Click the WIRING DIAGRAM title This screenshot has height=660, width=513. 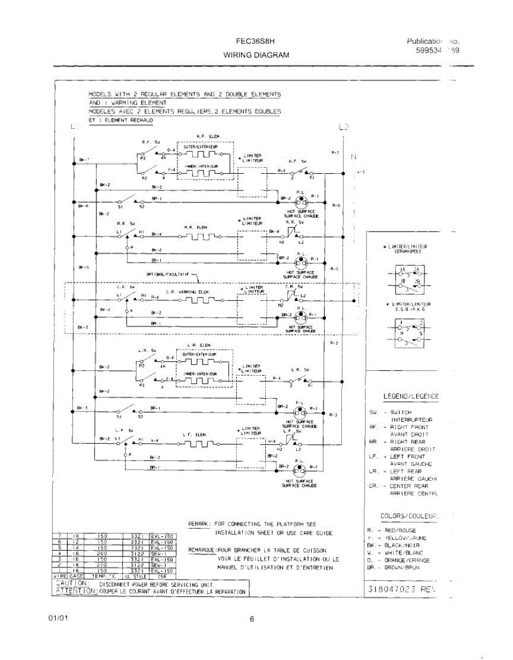point(256,55)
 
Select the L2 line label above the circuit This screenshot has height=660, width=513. point(344,128)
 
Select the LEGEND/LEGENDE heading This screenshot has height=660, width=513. point(411,397)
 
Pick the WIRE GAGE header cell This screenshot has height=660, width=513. point(68,576)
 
